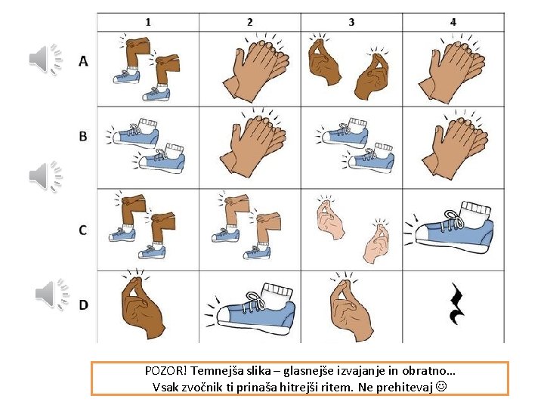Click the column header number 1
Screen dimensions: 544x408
(x=148, y=22)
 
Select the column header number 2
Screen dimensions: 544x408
(x=250, y=22)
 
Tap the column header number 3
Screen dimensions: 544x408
(x=351, y=22)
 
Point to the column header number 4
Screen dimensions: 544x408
(x=453, y=22)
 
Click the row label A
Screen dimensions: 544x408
(x=83, y=61)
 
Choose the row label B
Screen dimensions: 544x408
(x=83, y=136)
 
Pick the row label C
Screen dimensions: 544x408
(x=83, y=230)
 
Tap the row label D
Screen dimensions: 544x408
(x=83, y=305)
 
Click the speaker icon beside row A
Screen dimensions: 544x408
(x=45, y=59)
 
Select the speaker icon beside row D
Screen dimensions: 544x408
(x=52, y=294)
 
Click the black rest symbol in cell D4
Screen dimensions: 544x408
(x=456, y=304)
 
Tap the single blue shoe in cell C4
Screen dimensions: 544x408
(x=449, y=227)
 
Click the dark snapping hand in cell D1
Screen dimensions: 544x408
(x=142, y=304)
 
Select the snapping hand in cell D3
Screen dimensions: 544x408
(x=351, y=306)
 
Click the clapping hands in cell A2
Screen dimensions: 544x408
(x=257, y=69)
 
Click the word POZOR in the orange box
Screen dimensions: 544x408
(x=165, y=371)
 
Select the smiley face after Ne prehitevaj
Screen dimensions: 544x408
(x=441, y=386)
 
